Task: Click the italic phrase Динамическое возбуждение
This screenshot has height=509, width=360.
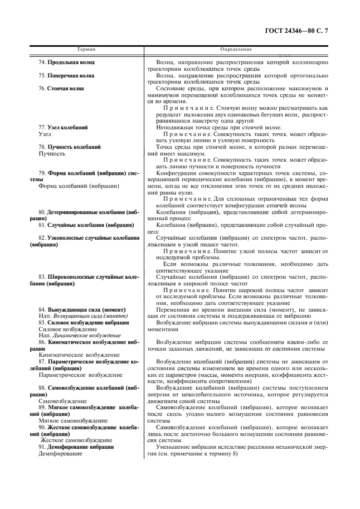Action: click(80, 335)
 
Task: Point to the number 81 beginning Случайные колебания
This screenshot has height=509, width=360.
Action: click(42, 225)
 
